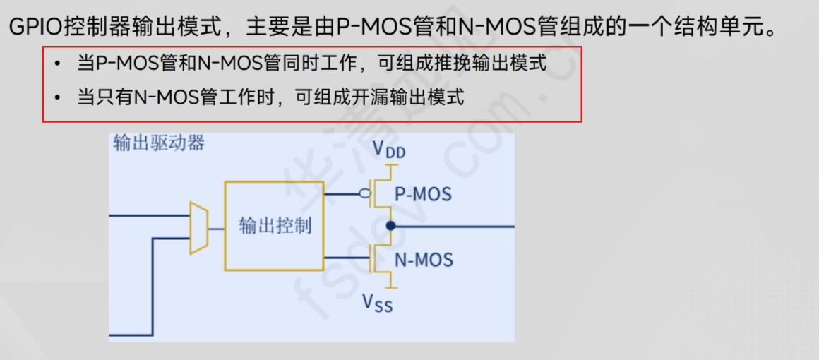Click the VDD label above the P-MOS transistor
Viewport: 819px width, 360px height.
pos(389,149)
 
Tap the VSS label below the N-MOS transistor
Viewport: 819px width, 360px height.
pos(378,302)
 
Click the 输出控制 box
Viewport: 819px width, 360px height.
pos(275,226)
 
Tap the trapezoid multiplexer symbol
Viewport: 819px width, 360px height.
pos(198,227)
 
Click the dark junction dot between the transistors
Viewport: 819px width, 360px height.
pos(389,226)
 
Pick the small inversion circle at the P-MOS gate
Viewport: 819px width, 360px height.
pos(364,193)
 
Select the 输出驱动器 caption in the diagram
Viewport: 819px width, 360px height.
pos(159,143)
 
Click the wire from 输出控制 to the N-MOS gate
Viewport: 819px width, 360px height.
pos(346,259)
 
